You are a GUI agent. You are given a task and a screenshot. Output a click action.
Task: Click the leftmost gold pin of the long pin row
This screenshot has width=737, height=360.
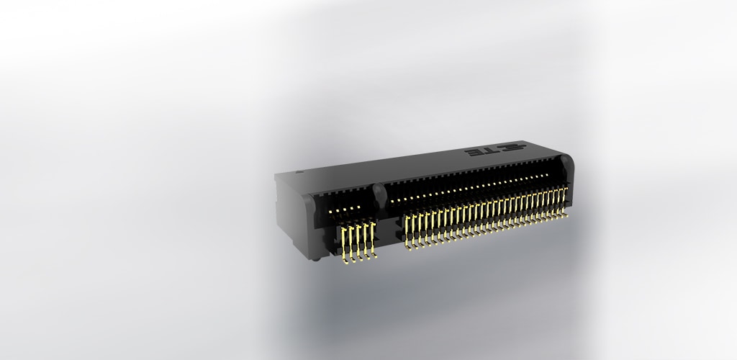(x=408, y=230)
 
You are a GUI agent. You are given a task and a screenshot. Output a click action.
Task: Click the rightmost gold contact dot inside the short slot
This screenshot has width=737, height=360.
(x=358, y=207)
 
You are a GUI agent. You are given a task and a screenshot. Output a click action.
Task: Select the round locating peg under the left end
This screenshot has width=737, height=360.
(x=317, y=257)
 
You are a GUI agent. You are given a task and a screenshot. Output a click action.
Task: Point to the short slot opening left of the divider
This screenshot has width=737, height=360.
(x=345, y=205)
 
